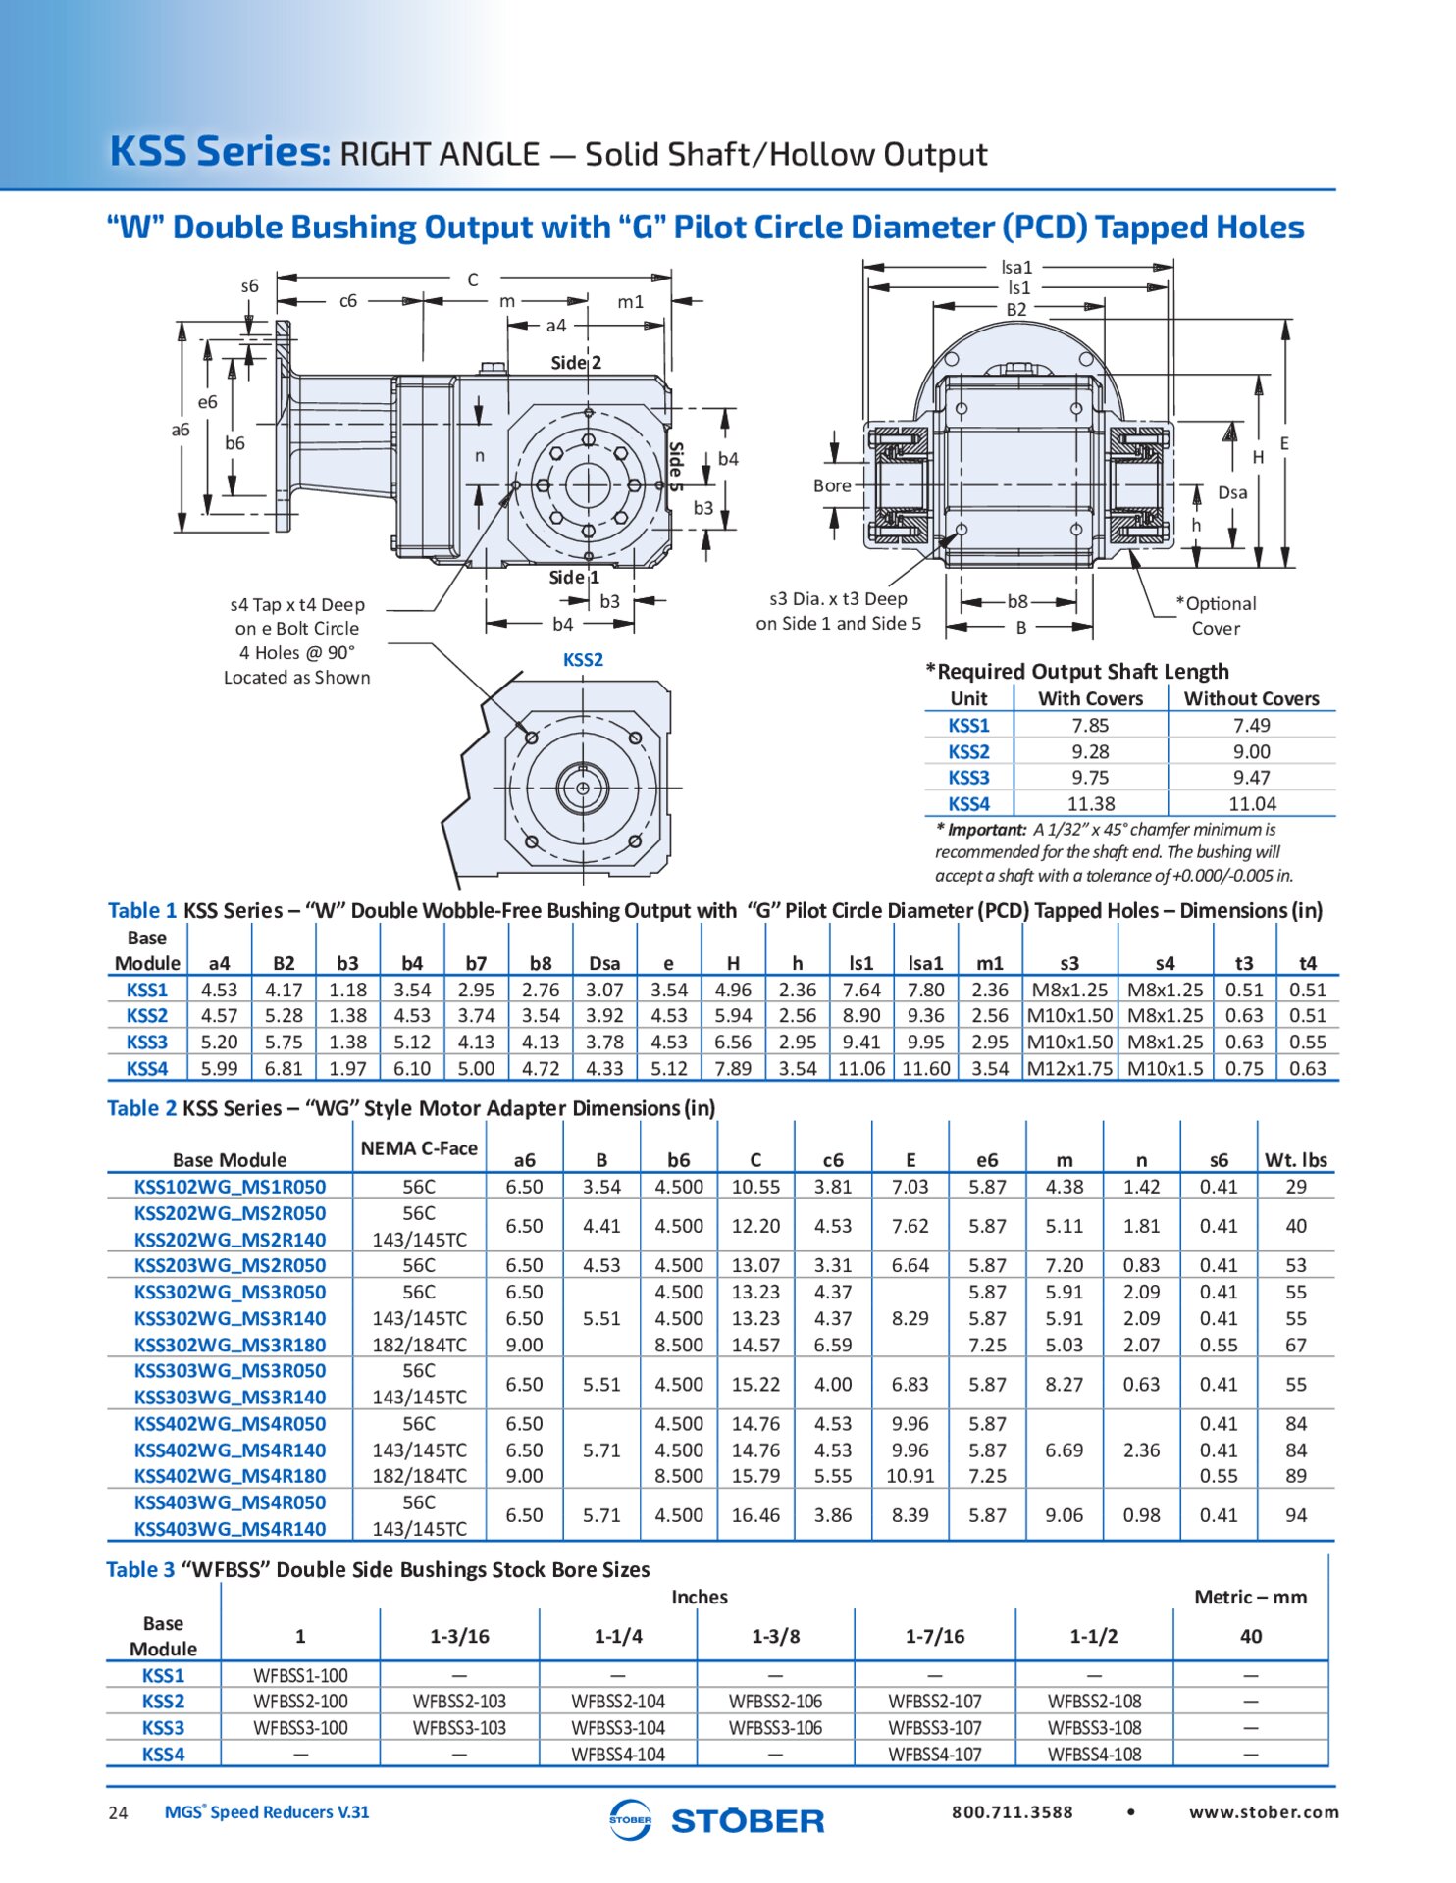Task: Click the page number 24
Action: click(118, 1813)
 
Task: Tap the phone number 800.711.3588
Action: click(1012, 1812)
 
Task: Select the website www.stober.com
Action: click(1264, 1812)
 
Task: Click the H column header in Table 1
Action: click(733, 963)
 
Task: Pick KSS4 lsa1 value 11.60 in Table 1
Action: click(925, 1068)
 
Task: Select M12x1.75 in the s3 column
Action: click(1069, 1068)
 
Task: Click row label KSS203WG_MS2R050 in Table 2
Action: click(230, 1265)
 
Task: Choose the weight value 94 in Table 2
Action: click(1296, 1515)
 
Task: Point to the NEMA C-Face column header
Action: click(419, 1148)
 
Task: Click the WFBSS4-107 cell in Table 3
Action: click(935, 1754)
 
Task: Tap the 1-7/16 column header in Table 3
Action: click(935, 1636)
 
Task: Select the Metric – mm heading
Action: click(1250, 1597)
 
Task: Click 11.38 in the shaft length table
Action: click(1091, 803)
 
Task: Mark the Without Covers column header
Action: click(1251, 698)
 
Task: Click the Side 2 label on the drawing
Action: click(576, 363)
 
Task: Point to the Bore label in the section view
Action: click(832, 485)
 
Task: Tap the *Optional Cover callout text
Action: click(1217, 615)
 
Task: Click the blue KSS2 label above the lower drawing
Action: click(583, 660)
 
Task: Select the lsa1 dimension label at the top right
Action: click(1016, 267)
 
